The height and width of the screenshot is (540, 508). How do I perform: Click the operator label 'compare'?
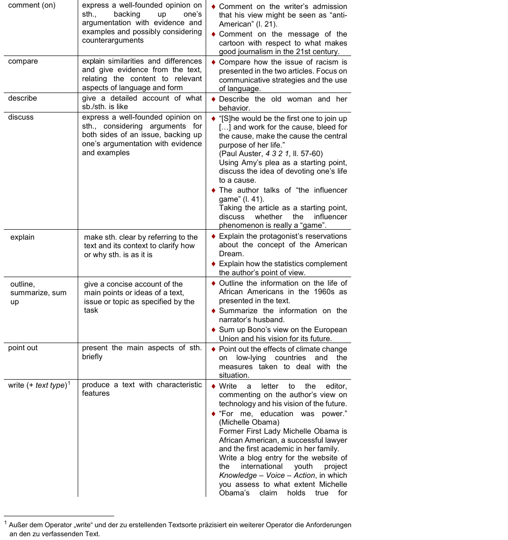23,61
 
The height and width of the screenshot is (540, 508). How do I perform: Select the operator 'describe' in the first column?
22,98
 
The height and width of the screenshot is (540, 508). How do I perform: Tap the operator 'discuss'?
21,117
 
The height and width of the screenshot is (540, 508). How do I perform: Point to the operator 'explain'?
22,237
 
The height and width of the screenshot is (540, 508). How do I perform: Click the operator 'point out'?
23,348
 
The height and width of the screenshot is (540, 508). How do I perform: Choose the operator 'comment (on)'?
32,5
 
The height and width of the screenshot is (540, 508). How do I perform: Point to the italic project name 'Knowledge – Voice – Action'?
267,475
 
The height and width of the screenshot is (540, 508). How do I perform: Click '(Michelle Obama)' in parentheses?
249,422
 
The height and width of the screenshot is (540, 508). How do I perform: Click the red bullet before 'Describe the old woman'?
214,99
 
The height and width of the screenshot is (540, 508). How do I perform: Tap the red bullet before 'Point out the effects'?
214,349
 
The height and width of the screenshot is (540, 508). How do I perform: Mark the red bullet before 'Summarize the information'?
214,311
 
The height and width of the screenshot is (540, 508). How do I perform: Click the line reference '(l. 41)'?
254,199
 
